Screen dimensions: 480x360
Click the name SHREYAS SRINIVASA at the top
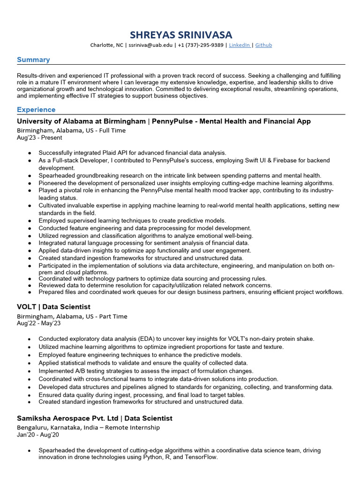180,35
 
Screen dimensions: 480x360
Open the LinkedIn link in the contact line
239,45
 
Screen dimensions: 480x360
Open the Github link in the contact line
263,45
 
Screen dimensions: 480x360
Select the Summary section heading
33,60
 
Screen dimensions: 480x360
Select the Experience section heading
36,110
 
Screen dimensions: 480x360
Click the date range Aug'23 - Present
39,138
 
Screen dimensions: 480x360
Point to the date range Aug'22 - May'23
39,323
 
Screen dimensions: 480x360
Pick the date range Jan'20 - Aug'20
37,435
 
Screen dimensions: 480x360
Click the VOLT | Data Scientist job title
53,307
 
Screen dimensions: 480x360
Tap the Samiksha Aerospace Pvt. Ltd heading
67,418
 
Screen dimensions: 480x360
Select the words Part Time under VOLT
112,316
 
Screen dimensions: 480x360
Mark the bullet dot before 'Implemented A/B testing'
30,371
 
